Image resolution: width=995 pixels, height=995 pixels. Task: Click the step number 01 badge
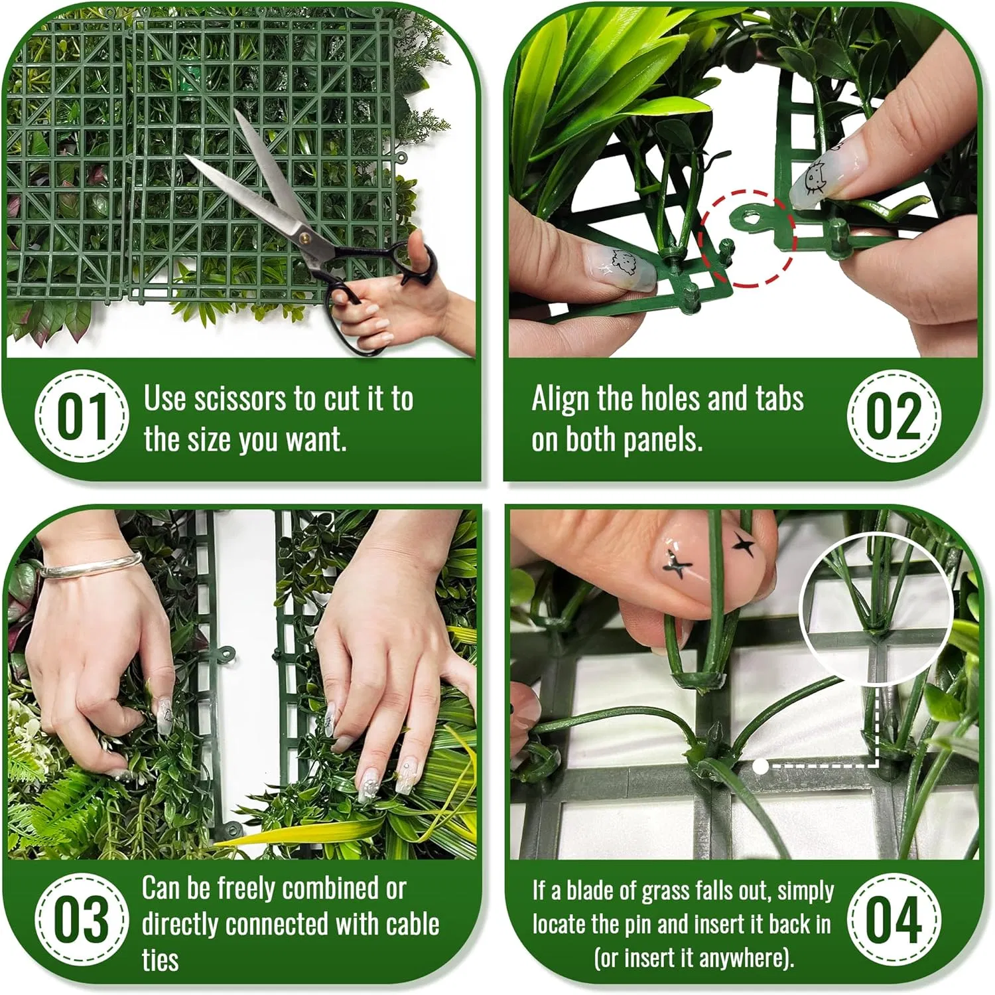81,416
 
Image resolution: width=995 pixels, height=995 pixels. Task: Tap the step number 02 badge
894,416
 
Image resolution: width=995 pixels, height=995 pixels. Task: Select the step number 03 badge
81,919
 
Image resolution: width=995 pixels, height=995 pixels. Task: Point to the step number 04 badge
894,919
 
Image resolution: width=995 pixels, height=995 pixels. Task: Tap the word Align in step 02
561,399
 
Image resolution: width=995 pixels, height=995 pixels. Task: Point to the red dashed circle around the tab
748,238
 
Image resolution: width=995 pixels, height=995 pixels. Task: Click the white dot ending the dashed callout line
761,767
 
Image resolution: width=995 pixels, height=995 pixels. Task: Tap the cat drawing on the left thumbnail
622,262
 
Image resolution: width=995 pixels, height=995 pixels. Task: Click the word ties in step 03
160,960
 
